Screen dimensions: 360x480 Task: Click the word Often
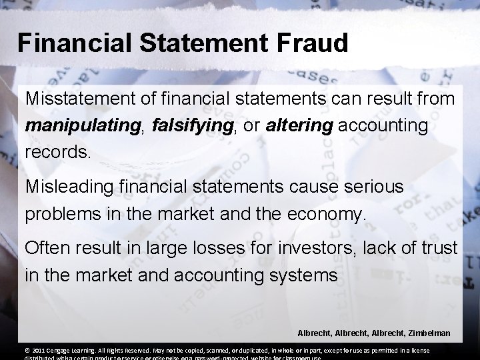click(44, 248)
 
